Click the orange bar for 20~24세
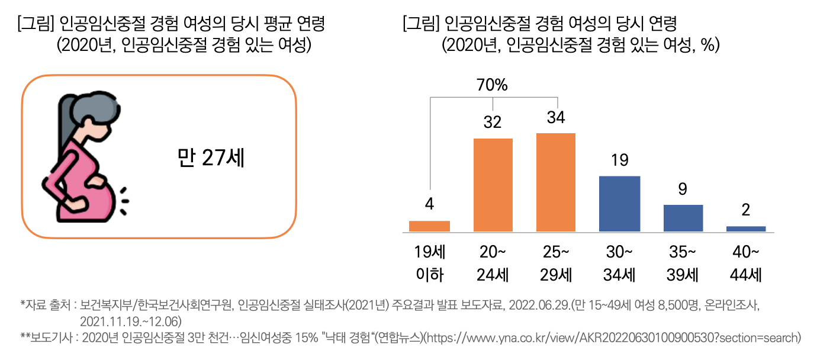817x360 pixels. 493,185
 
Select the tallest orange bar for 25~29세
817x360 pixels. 555,182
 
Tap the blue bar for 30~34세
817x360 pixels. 619,204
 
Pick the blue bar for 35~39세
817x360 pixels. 683,218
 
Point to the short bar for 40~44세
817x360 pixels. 745,229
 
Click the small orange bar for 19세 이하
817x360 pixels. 429,226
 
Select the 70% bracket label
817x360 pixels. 492,85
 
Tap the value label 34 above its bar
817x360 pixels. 555,118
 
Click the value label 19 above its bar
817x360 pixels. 619,160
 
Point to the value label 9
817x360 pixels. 683,189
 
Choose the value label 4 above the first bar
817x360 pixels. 429,205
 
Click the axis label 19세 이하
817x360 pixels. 429,263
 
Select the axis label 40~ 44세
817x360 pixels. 745,263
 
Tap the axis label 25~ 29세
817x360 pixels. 555,263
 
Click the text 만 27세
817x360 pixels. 211,157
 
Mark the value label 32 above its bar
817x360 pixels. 492,123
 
